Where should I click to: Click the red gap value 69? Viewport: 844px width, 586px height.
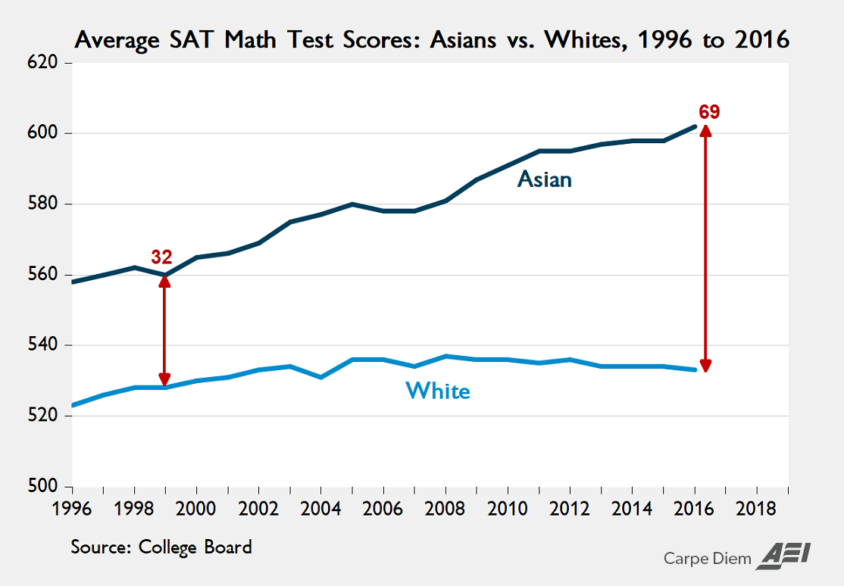[709, 113]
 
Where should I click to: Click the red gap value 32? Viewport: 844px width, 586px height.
[161, 257]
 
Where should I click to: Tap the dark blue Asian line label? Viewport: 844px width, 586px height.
[544, 179]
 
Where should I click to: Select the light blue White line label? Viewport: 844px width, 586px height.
[438, 391]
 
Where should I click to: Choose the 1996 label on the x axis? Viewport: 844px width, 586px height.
[73, 507]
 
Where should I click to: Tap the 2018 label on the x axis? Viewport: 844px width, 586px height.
[757, 507]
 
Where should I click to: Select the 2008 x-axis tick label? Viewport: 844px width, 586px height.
[446, 507]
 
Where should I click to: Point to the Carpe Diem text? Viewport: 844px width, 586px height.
[707, 559]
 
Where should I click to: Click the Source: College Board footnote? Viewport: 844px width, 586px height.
[161, 547]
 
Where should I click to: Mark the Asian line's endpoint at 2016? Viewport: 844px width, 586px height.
[695, 126]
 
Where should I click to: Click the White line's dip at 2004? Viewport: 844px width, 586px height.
[321, 377]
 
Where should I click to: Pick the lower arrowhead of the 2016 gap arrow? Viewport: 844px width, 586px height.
[706, 366]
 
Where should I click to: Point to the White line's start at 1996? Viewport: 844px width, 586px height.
[73, 406]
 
